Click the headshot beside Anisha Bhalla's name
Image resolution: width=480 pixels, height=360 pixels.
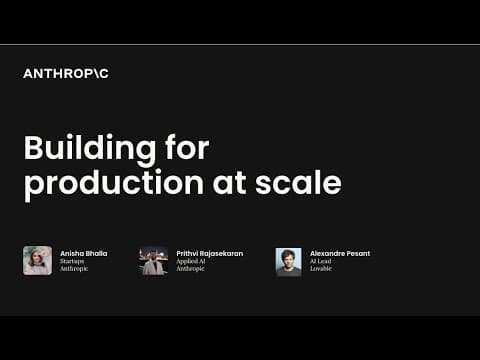point(38,261)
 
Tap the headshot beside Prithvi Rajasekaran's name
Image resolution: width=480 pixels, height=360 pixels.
point(153,261)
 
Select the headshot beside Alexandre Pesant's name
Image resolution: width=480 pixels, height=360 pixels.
point(288,261)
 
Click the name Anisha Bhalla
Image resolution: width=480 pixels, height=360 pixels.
point(83,253)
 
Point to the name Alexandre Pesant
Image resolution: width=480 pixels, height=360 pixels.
point(340,253)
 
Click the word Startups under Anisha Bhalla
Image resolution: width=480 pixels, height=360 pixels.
point(73,261)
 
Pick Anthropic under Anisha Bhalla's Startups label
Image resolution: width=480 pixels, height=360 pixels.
point(74,269)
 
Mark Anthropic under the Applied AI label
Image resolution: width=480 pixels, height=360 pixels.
point(190,269)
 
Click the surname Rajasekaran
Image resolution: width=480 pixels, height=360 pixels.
point(223,253)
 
